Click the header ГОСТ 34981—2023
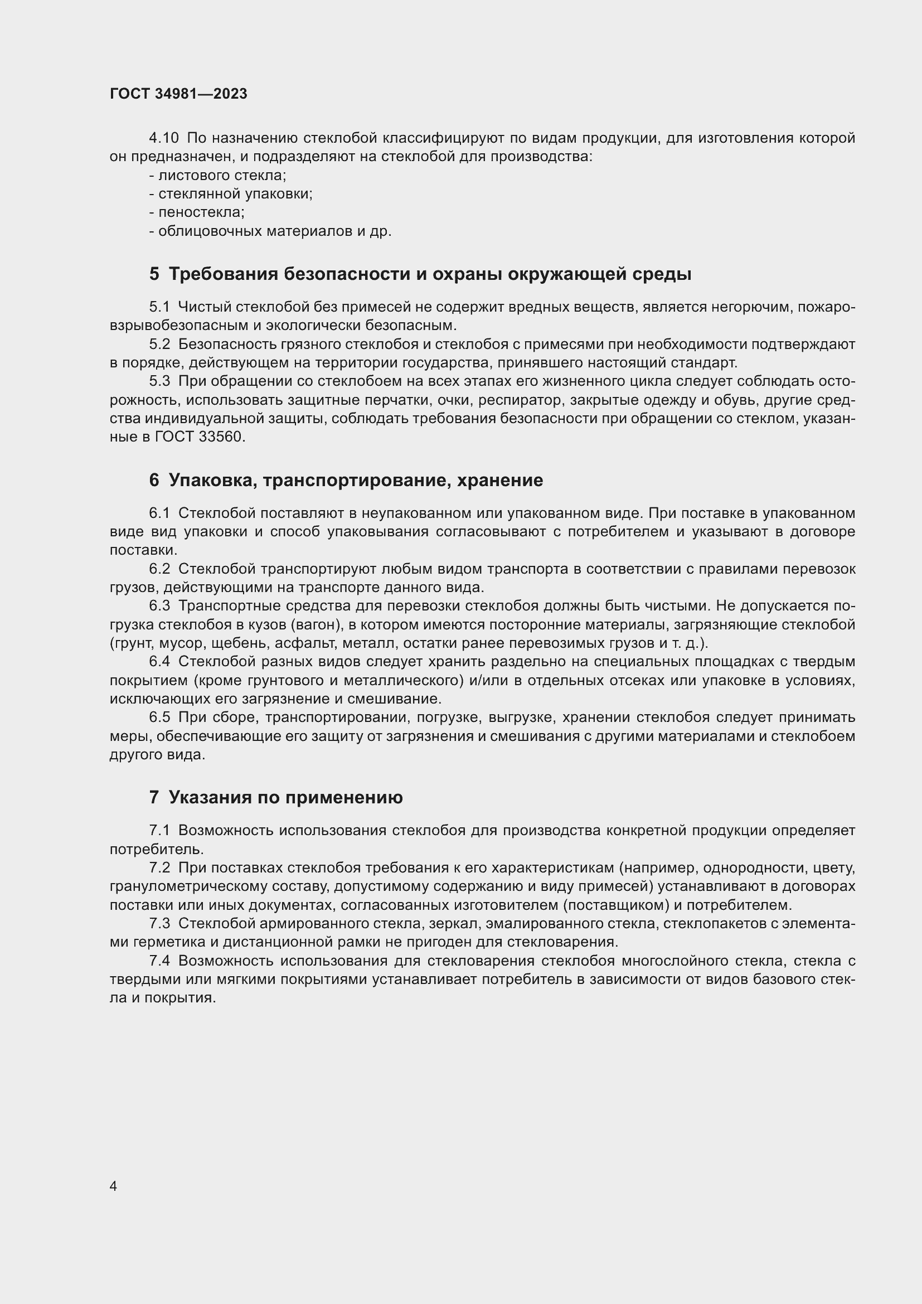coord(178,94)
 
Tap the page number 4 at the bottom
coord(113,1186)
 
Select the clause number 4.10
coord(163,138)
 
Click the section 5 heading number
coord(154,274)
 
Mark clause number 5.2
coord(159,345)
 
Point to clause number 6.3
coord(159,606)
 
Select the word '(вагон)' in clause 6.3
coord(314,625)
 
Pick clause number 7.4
coord(159,961)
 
